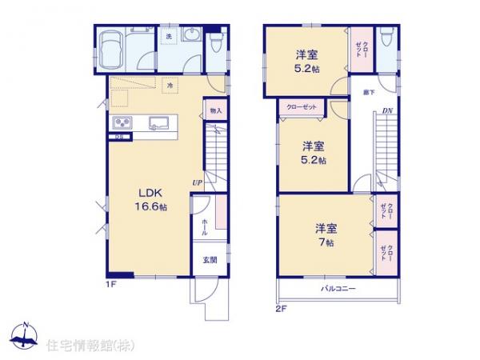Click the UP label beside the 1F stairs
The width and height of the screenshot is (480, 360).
tap(196, 183)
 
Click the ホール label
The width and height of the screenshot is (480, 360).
tap(205, 226)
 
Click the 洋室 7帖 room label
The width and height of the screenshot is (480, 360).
tap(325, 234)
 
